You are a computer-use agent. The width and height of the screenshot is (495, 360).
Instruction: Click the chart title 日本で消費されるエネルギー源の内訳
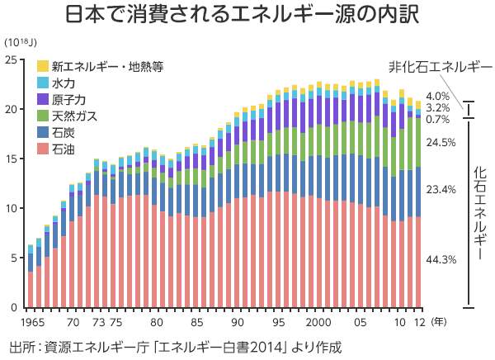coord(247,16)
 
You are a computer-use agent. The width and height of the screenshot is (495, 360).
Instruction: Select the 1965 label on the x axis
coord(32,322)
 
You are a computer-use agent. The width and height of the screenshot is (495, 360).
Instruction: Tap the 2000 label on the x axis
coord(319,322)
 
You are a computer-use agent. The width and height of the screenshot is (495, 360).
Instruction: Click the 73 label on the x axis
coord(98,322)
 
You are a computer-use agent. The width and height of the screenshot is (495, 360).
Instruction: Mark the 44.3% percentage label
coord(441,259)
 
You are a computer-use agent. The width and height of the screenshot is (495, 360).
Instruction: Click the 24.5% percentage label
coord(441,142)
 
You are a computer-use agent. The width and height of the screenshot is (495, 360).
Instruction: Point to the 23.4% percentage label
coord(441,189)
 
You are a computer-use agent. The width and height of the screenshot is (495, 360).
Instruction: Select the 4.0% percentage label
coord(437,96)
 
